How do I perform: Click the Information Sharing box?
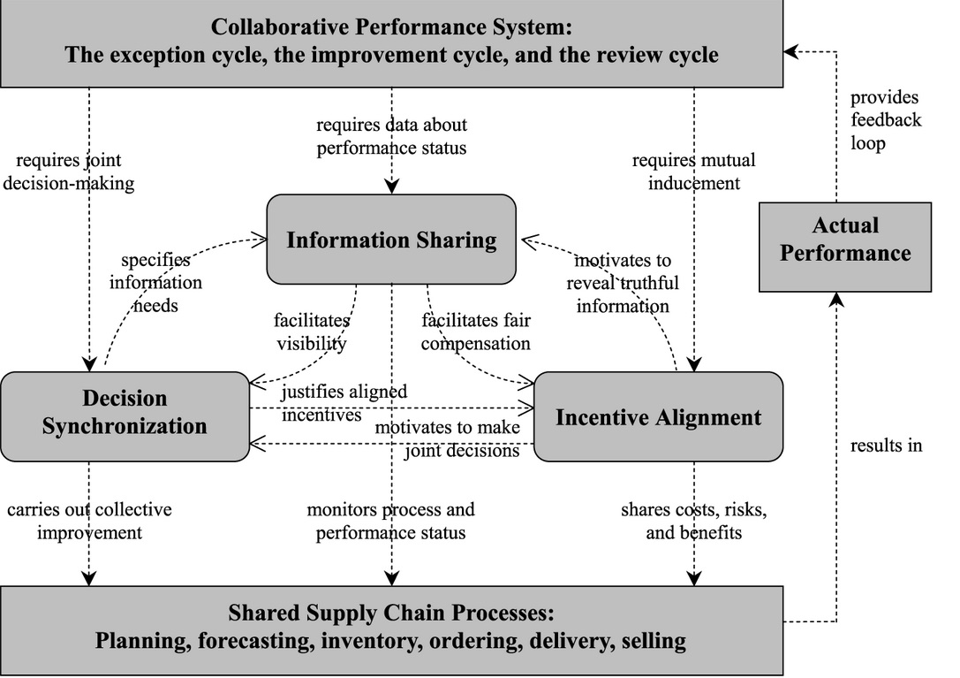tap(391, 240)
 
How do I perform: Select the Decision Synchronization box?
tap(125, 413)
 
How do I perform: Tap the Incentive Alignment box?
tap(658, 417)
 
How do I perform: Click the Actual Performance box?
tap(845, 240)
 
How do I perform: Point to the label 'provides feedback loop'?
tap(885, 120)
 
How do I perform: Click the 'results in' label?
tap(886, 446)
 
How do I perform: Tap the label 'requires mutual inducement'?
tap(693, 171)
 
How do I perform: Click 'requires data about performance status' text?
tap(391, 136)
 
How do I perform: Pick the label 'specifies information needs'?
tap(155, 283)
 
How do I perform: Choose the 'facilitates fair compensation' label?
tap(475, 331)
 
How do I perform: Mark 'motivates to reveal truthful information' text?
tap(623, 284)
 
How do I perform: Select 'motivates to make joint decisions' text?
tap(449, 439)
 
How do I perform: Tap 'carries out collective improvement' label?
tap(89, 521)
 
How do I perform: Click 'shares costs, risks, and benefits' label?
tap(693, 521)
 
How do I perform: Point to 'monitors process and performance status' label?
tap(390, 521)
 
